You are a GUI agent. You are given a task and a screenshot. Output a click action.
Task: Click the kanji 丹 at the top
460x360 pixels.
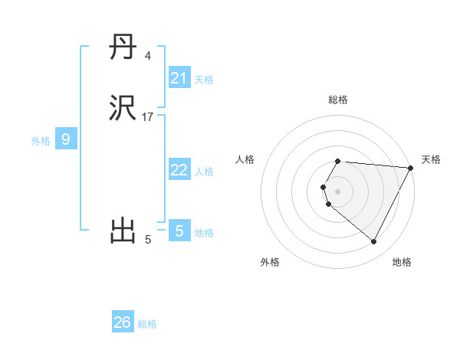(123, 49)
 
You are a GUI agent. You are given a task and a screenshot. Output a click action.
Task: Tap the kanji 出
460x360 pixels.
(123, 230)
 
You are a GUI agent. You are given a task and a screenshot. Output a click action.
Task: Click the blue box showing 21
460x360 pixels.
(179, 78)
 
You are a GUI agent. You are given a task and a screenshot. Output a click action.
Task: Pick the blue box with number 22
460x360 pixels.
(179, 170)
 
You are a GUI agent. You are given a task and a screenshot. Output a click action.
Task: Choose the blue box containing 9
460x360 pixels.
(66, 139)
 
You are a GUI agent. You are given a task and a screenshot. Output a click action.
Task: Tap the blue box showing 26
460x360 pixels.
(123, 322)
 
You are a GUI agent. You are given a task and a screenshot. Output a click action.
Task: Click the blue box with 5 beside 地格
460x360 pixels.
(179, 231)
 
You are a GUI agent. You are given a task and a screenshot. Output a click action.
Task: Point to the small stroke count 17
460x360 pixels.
(148, 117)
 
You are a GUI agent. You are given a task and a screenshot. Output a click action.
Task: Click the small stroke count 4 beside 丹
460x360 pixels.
(148, 56)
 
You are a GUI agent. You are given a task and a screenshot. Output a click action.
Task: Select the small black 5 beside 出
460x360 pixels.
(148, 240)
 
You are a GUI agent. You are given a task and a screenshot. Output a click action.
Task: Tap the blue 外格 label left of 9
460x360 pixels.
(40, 141)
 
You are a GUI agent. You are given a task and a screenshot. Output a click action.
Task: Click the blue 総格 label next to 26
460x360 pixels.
(148, 324)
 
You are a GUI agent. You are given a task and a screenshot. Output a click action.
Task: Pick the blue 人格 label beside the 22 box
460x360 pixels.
(205, 172)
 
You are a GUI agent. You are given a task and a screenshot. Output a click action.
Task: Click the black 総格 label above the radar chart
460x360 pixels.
(338, 100)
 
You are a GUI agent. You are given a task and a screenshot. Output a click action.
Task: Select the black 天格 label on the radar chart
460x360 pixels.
(431, 159)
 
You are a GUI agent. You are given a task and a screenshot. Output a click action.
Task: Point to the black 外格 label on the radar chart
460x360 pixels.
(270, 262)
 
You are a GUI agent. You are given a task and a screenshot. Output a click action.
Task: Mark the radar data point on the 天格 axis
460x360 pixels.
(411, 168)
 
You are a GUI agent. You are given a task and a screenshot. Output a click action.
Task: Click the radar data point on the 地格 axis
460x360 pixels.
(374, 242)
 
